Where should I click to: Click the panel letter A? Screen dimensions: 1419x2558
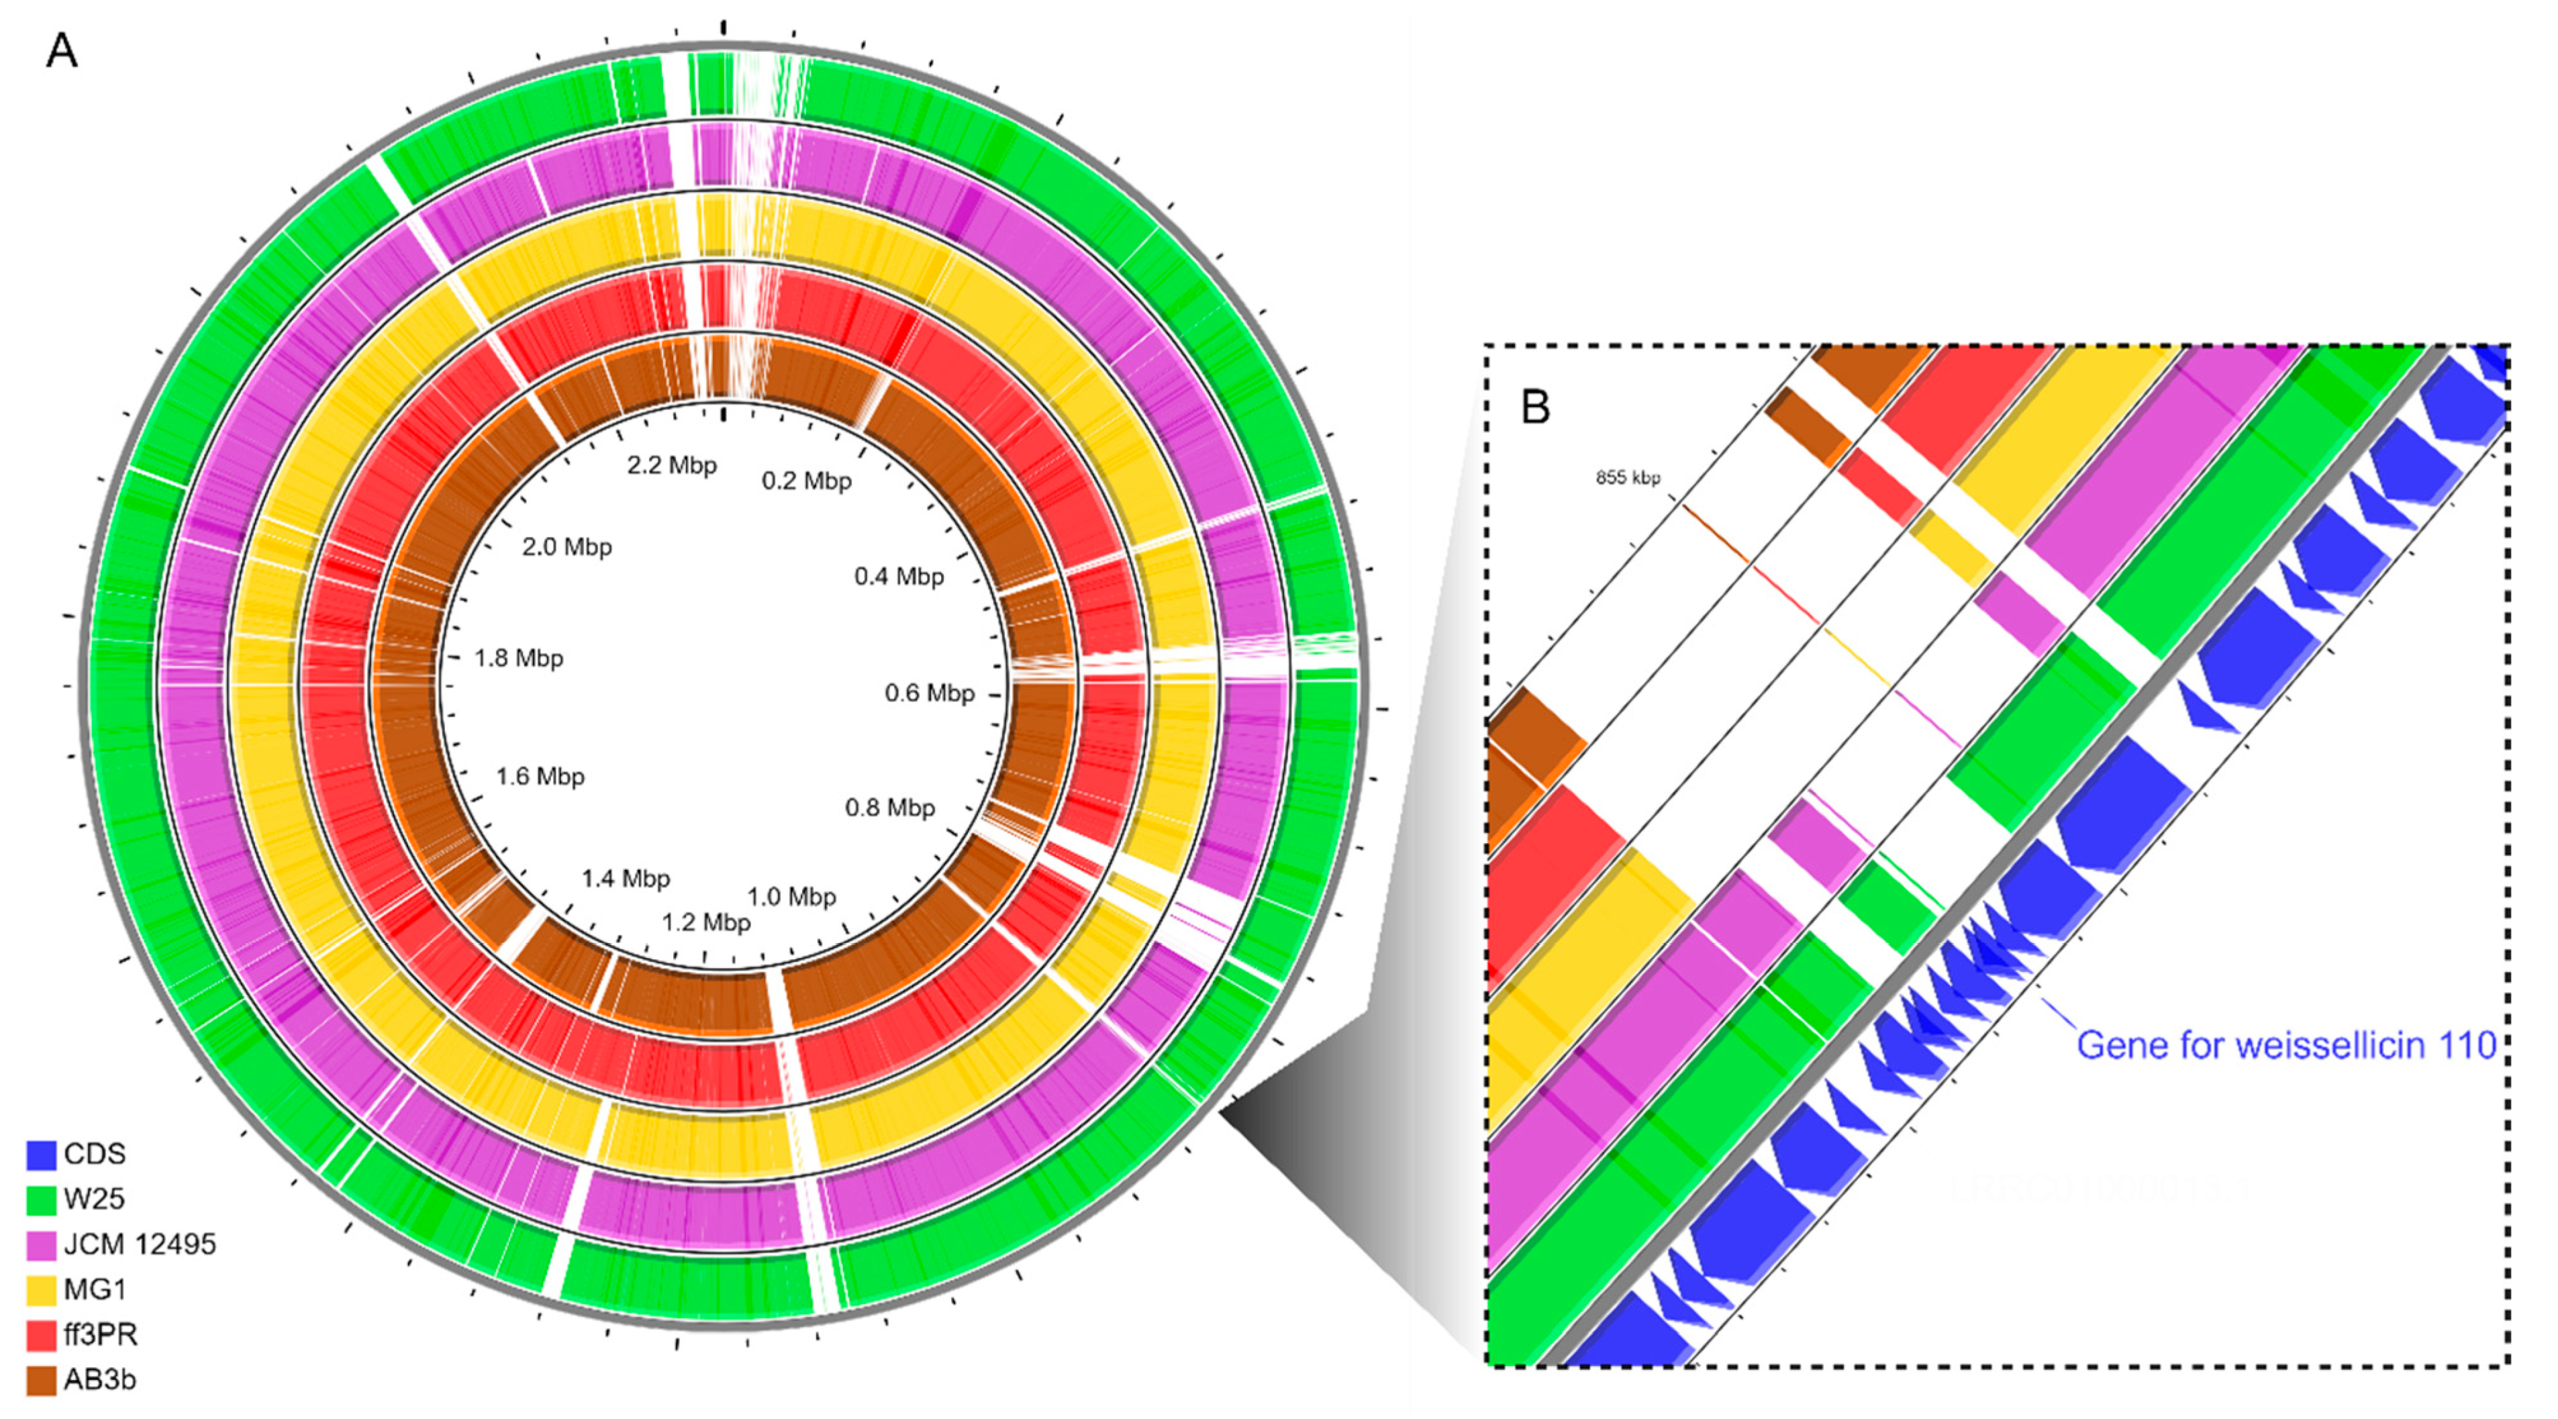[62, 50]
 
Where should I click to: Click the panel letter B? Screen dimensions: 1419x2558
[1535, 406]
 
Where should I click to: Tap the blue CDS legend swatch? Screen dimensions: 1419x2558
[41, 1155]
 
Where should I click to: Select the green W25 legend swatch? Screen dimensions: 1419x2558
[41, 1200]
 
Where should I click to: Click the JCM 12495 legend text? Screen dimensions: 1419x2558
[139, 1244]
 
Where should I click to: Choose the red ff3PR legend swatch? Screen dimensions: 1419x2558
[41, 1334]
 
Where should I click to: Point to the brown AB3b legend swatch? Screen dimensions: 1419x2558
[41, 1380]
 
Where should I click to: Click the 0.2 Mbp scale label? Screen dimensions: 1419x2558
[806, 481]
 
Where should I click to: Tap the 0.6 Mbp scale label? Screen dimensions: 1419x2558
[930, 693]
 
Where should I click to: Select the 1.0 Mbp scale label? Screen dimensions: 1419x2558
[791, 897]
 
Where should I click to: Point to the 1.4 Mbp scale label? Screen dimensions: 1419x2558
[626, 879]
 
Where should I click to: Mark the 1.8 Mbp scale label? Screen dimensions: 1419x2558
[518, 658]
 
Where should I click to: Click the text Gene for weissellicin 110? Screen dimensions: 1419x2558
[2286, 1046]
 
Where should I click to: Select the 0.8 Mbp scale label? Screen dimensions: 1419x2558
[890, 808]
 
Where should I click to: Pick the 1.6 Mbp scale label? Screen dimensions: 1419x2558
[540, 777]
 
